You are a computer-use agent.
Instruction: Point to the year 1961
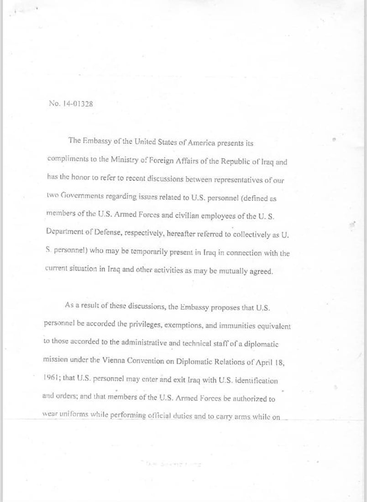[x=53, y=379]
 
